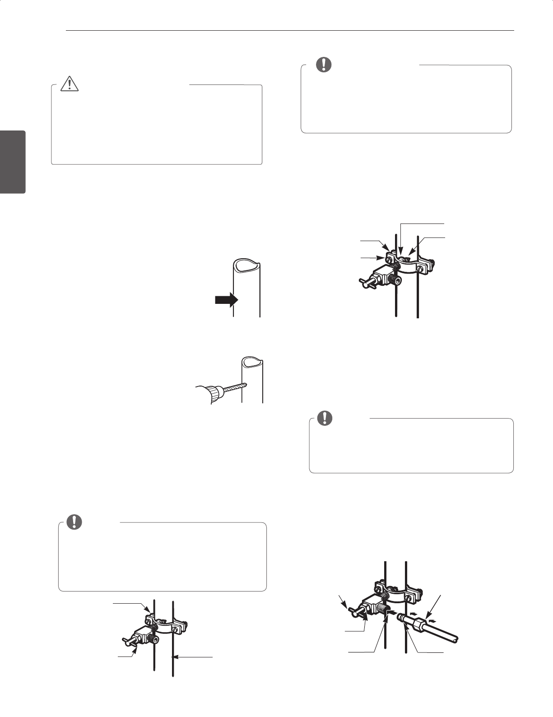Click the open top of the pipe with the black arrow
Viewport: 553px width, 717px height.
point(246,265)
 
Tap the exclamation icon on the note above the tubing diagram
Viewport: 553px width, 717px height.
point(323,419)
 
